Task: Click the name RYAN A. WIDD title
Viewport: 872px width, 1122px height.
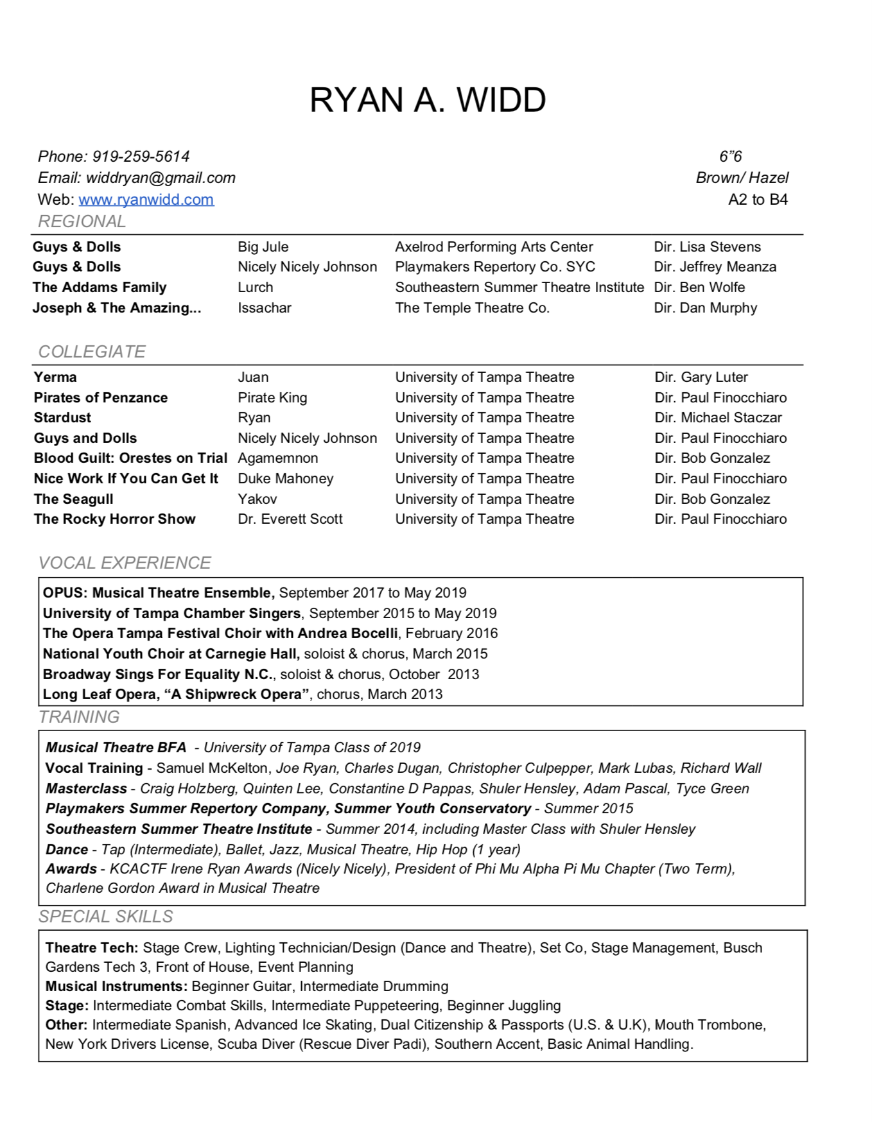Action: click(428, 100)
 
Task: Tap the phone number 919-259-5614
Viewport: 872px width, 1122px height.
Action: click(141, 157)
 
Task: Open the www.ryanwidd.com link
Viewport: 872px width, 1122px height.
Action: click(146, 200)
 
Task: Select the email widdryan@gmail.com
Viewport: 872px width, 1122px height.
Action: click(161, 178)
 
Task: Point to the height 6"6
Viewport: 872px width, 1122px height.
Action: click(730, 157)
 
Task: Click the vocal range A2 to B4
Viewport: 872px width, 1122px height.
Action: click(758, 200)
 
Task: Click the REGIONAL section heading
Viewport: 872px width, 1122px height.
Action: click(82, 221)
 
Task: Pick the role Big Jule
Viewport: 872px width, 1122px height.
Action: click(263, 247)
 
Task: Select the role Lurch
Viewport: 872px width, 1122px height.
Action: click(256, 288)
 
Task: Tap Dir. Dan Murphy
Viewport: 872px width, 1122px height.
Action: click(706, 308)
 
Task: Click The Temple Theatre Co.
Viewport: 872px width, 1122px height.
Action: click(472, 308)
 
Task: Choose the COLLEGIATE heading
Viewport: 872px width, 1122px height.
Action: click(92, 352)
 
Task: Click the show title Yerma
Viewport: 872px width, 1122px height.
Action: click(55, 377)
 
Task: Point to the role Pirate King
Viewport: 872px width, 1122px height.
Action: click(272, 398)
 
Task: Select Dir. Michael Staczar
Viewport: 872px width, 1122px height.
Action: click(718, 418)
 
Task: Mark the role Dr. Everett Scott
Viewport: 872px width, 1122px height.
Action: click(290, 519)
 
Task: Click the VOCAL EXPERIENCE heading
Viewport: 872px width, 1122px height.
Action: click(125, 563)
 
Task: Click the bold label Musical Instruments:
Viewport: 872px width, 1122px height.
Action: click(116, 987)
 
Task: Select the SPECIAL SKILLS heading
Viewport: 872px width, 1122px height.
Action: click(106, 917)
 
